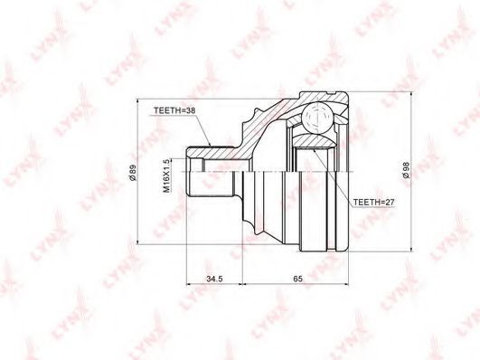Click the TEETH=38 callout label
click(174, 111)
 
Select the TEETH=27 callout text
click(373, 203)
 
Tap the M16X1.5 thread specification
click(166, 175)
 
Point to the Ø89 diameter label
click(133, 173)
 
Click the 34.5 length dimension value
click(214, 279)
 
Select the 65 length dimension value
click(297, 279)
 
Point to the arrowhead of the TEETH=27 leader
click(315, 151)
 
